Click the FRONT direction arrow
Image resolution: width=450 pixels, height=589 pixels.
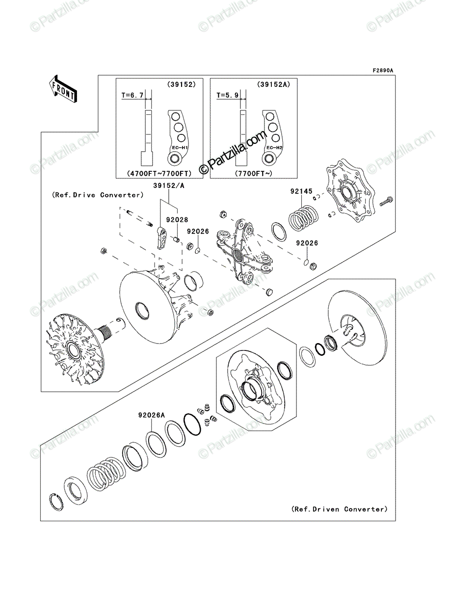63,88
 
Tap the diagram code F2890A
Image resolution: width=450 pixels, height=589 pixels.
383,71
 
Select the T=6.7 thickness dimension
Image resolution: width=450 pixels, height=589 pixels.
132,95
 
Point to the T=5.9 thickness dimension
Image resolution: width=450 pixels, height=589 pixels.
227,95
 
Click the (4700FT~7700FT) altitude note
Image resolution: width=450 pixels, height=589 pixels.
159,173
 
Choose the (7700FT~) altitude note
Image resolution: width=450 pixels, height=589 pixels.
253,173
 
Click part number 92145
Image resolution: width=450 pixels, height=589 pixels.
301,191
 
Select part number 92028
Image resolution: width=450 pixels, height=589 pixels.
177,220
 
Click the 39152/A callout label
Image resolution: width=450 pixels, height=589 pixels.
169,186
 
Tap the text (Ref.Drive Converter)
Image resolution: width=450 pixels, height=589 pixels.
98,195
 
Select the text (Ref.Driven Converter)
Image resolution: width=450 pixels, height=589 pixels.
340,509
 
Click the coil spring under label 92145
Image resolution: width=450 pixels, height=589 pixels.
303,218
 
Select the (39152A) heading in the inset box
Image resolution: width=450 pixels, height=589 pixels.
273,84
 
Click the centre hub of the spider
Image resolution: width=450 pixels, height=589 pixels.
238,255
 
